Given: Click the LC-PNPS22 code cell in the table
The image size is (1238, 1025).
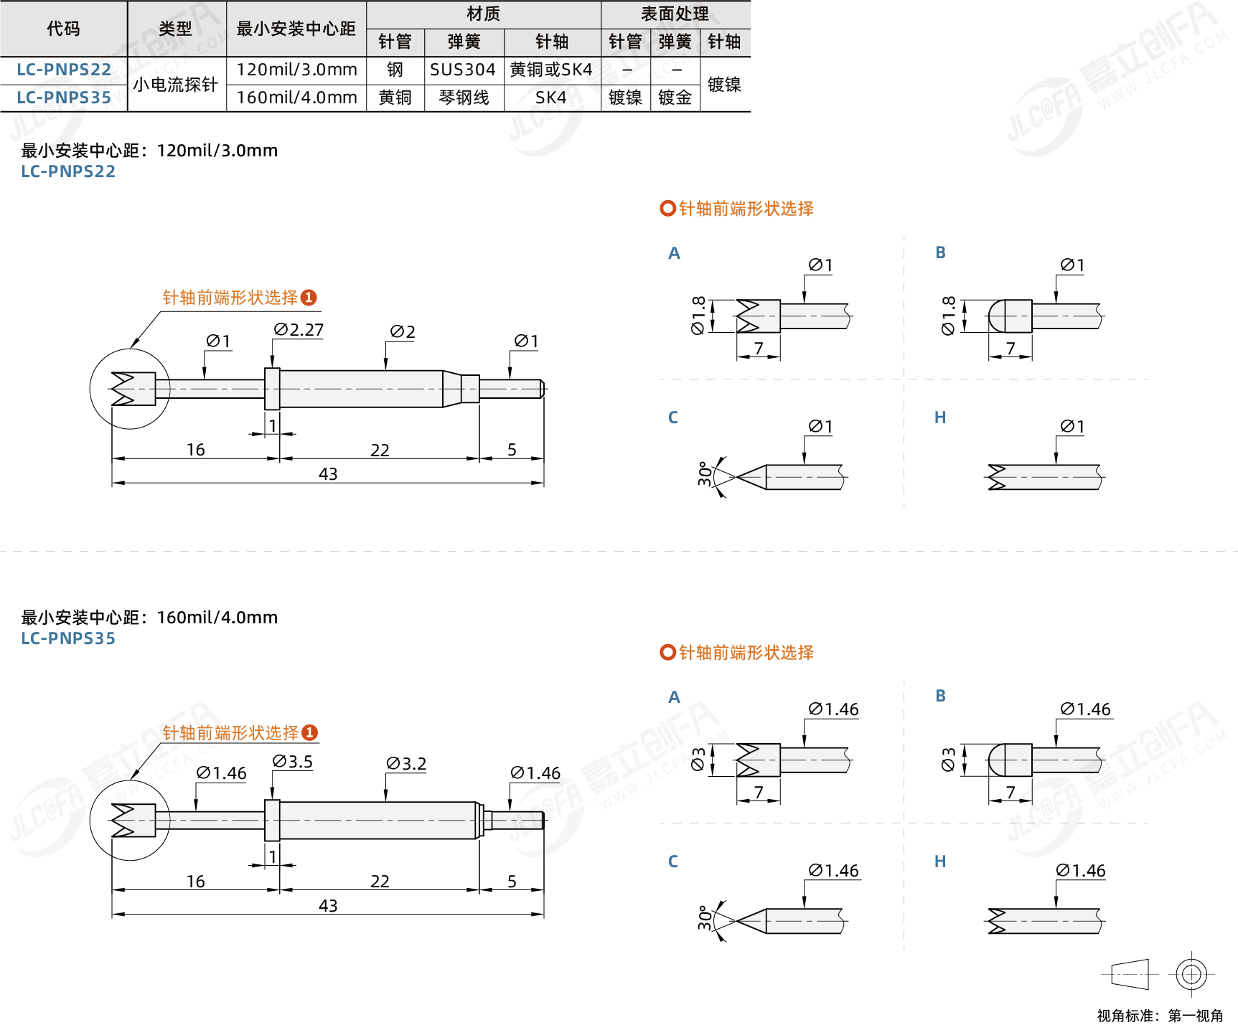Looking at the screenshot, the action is (x=64, y=70).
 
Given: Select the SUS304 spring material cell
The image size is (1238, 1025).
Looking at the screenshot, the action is (x=463, y=70).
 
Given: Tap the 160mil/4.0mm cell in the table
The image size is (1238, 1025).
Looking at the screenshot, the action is (x=296, y=98).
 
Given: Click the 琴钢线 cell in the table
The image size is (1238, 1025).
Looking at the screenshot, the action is (x=464, y=98).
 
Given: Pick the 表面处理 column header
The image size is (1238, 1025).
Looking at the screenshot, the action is (x=675, y=14).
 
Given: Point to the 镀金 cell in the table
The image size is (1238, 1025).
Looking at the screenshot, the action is (x=675, y=98).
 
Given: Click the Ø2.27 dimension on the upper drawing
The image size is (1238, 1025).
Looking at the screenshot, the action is (x=299, y=329).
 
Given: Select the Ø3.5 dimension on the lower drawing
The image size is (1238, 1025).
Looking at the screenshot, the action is (x=293, y=761).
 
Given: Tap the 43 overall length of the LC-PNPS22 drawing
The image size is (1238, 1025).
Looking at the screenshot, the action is (x=328, y=474).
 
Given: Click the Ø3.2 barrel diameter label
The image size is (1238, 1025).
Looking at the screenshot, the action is (x=406, y=763).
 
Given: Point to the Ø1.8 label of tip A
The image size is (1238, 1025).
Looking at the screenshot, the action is (x=698, y=315).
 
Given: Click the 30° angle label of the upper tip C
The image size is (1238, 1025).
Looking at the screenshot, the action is (x=705, y=473).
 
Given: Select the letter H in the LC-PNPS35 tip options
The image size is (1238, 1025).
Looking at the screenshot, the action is (x=940, y=861).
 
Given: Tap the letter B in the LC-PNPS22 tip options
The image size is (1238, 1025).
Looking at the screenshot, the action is (x=940, y=252).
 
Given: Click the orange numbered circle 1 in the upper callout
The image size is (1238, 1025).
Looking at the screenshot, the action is (x=309, y=298).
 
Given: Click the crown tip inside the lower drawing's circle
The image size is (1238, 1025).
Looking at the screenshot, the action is (x=133, y=820).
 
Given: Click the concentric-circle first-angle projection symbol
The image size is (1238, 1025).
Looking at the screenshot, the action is (x=1191, y=974).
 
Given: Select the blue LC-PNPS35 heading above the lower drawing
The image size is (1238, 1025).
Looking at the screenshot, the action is (x=68, y=638).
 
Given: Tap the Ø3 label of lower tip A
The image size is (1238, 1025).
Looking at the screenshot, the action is (x=698, y=760).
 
